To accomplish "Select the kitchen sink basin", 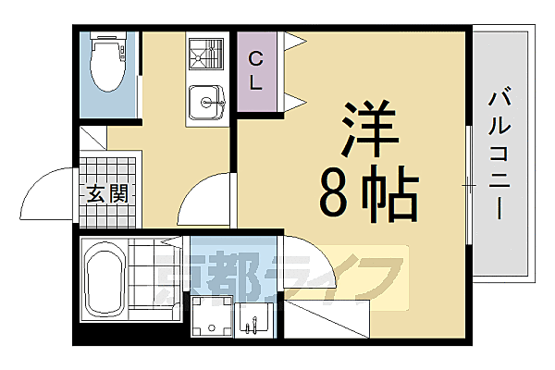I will (x=205, y=102).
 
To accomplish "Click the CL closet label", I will (x=256, y=70).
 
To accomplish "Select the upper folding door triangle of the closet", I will (x=295, y=41).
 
